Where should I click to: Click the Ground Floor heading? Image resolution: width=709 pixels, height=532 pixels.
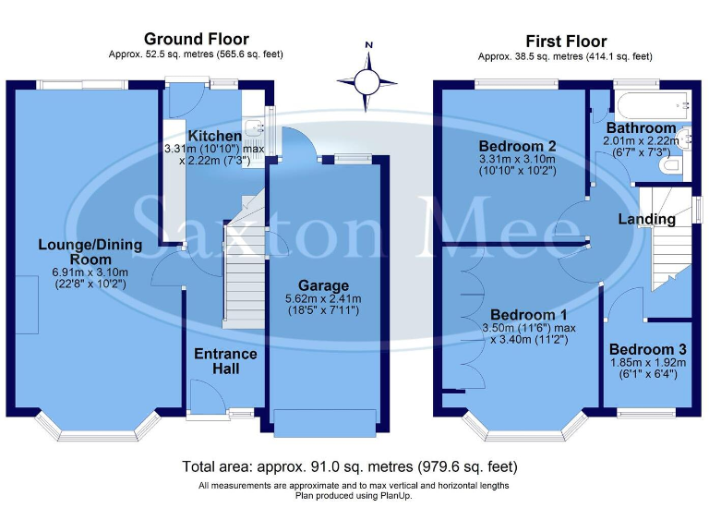tap(196, 39)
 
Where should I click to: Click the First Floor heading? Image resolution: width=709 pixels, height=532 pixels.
tap(566, 41)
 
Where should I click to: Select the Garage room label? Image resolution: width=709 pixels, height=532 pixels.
tap(323, 284)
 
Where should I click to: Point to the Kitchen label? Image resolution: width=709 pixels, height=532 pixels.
tap(215, 136)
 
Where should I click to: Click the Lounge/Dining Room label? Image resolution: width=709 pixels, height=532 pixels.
tap(90, 252)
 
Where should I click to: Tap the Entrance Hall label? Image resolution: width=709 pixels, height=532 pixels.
tap(225, 361)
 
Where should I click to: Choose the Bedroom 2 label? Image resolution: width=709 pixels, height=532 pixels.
tap(517, 146)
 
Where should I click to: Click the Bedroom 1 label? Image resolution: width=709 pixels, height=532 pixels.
tap(529, 314)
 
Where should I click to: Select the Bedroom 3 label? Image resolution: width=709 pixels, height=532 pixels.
tap(647, 349)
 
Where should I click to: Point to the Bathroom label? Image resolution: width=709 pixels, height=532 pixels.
tap(641, 127)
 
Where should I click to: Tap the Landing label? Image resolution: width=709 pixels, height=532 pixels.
tap(646, 219)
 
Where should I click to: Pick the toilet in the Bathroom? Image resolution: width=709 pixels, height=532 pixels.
tap(672, 164)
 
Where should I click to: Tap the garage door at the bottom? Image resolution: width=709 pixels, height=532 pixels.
tap(324, 422)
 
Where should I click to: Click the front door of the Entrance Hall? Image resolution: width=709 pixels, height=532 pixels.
tap(205, 399)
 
